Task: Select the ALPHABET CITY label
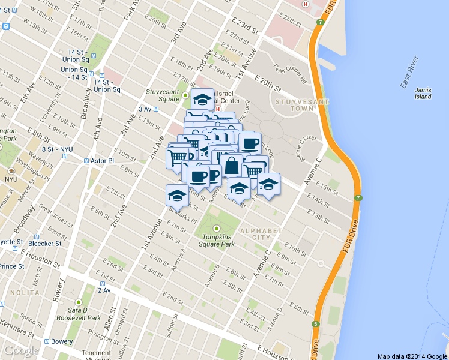260,235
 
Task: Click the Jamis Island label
423,92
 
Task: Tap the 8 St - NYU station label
57,149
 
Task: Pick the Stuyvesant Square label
163,95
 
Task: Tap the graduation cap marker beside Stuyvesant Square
203,98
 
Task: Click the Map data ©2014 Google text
411,356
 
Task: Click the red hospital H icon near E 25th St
306,4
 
